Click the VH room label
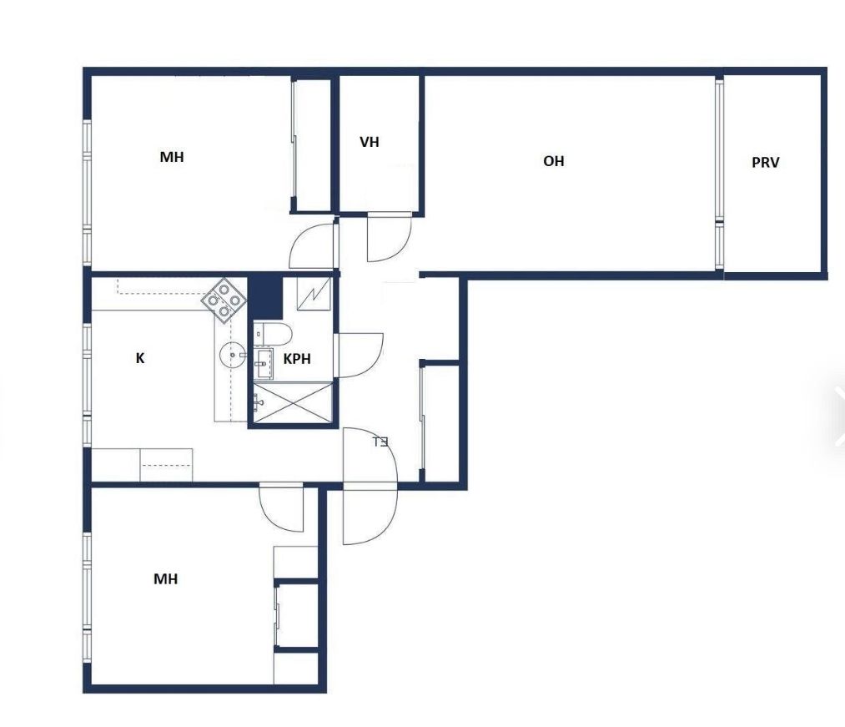pos(370,142)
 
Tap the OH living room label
pos(553,161)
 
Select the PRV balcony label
pos(765,162)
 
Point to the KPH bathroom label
pos(297,359)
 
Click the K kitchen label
pos(140,358)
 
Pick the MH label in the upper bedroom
pos(172,156)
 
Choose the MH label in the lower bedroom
pos(165,578)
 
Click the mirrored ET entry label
pos(380,442)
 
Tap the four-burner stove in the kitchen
pos(224,300)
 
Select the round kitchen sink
pos(233,355)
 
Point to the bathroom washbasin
pos(263,364)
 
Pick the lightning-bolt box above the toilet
pos(314,294)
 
